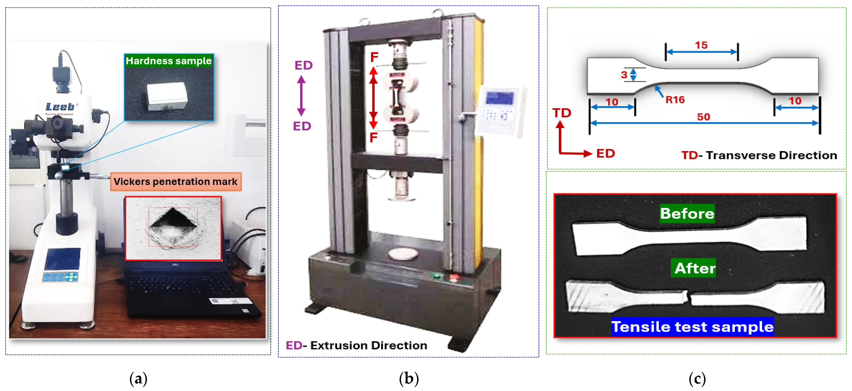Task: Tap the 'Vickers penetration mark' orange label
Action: click(176, 181)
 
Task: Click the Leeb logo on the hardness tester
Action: click(60, 107)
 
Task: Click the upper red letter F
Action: click(374, 57)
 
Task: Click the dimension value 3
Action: click(624, 75)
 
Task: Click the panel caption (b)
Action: click(409, 378)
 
